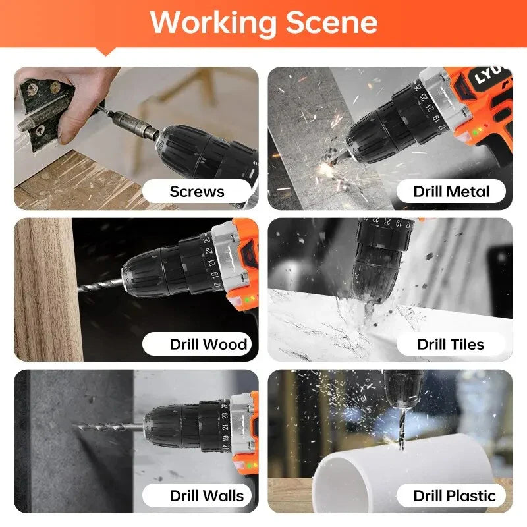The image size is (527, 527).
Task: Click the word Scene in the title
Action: point(331,22)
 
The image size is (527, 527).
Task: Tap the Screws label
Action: point(196,192)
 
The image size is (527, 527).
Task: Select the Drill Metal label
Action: point(451,192)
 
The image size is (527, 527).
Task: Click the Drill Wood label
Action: point(208,344)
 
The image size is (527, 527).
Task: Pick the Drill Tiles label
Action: point(451,344)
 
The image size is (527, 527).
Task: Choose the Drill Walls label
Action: point(206,495)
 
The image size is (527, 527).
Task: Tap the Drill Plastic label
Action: point(454,495)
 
